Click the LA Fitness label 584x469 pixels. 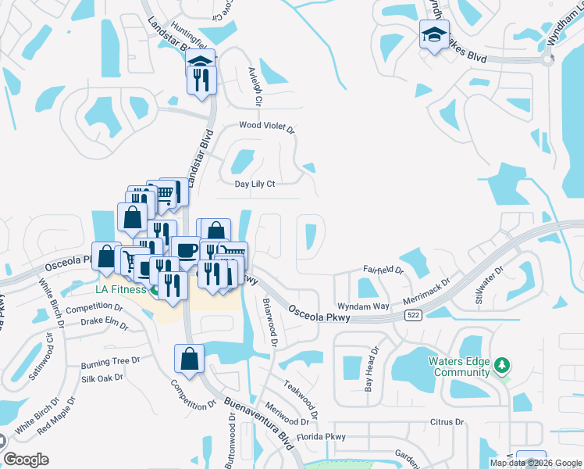coord(116,290)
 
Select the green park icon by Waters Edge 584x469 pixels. coord(504,365)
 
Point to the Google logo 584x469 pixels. coord(27,460)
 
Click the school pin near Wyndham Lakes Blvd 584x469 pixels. coord(434,36)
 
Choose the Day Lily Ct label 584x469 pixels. coord(255,184)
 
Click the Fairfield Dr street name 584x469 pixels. coord(383,270)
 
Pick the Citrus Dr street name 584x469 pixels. coord(447,422)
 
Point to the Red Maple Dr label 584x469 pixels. coord(55,416)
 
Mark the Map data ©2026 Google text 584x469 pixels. coord(536,463)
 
